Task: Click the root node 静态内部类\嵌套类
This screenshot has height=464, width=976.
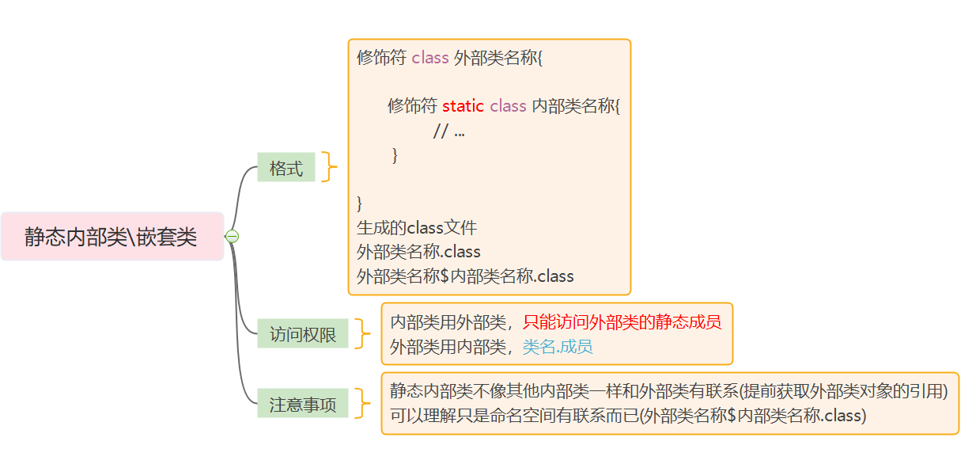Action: coord(112,236)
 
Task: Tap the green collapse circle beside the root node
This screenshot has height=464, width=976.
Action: coord(232,236)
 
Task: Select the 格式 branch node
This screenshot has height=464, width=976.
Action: coord(286,168)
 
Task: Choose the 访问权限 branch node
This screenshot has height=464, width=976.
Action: coord(303,334)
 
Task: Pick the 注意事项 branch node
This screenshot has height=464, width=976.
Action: coord(303,405)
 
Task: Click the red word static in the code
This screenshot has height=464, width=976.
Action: coord(463,106)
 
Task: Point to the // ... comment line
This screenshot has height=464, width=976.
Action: coord(448,131)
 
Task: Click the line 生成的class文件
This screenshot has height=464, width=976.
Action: coord(417,228)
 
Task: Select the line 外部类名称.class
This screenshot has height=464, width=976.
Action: coord(418,252)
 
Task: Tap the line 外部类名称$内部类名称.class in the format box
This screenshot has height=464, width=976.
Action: coord(465,276)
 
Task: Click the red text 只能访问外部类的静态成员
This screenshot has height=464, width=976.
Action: coord(622,322)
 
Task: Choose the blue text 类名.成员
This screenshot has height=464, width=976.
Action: coord(558,346)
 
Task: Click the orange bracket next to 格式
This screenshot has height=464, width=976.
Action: coord(328,167)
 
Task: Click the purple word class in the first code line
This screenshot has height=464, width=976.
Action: coord(430,58)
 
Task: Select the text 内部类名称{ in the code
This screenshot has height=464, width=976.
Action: coord(576,106)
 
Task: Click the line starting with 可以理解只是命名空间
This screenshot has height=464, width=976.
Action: coord(628,415)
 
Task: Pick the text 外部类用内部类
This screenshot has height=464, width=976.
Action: coord(448,346)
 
